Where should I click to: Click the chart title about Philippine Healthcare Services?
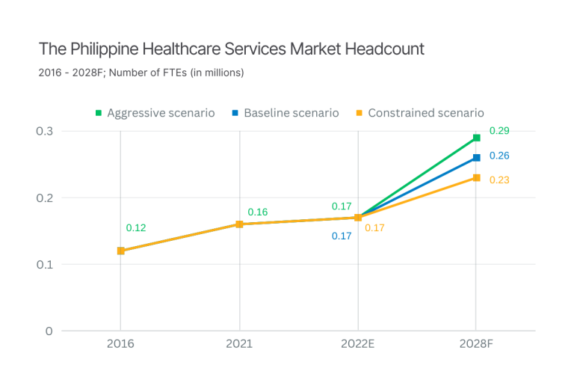[232, 49]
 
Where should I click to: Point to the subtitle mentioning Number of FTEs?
[141, 73]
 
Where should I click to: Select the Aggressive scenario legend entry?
[155, 113]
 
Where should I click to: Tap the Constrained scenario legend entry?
[419, 113]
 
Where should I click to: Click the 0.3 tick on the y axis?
[46, 131]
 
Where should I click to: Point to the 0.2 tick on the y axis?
[46, 197]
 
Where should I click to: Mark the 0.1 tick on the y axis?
[46, 264]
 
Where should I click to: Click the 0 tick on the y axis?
[49, 331]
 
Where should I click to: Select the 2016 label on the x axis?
[120, 345]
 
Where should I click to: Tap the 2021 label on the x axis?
[239, 345]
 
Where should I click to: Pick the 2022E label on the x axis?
[358, 345]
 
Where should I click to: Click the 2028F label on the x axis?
[477, 345]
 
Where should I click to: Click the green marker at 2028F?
[477, 138]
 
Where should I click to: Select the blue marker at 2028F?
[477, 158]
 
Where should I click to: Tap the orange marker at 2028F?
[477, 178]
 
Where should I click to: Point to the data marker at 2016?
[120, 251]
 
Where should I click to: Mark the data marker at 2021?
[239, 224]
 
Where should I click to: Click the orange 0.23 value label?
[499, 180]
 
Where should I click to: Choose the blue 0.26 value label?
[499, 156]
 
